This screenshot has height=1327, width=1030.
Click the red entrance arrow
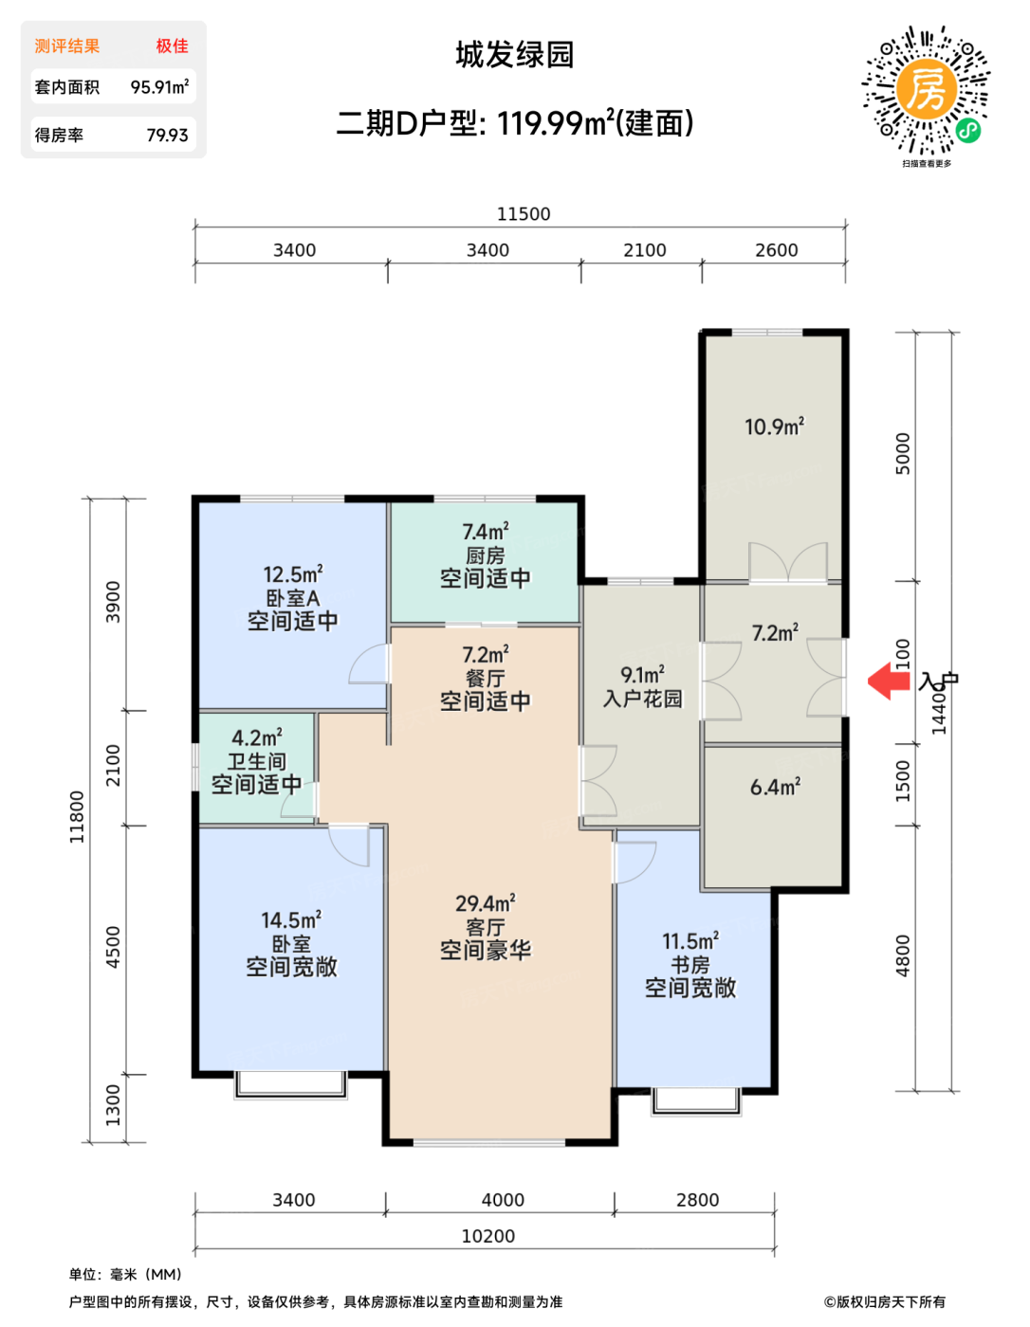(889, 681)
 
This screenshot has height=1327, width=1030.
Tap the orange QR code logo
(926, 89)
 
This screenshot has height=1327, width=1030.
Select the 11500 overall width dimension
(524, 214)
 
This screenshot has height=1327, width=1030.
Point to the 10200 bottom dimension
(488, 1236)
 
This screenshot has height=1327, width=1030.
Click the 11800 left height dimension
(77, 817)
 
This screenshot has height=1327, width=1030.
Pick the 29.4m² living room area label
(485, 903)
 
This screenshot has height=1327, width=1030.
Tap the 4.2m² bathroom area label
(257, 737)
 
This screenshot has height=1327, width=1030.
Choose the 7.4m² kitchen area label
(486, 531)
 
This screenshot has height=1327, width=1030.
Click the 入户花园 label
(643, 698)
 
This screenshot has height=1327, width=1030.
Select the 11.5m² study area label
(690, 940)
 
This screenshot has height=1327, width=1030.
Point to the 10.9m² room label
(774, 427)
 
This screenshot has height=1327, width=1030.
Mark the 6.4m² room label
(775, 787)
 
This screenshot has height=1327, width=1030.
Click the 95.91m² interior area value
(159, 86)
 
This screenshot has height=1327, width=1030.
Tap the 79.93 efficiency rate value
(167, 135)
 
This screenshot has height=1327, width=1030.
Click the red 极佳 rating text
(172, 45)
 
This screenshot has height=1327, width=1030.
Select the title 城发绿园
(514, 55)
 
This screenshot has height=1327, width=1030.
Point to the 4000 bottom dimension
(503, 1200)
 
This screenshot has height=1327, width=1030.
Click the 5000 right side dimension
(902, 454)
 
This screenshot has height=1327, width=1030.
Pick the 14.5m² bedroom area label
(291, 919)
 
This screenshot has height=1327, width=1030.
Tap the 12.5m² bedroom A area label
(293, 574)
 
